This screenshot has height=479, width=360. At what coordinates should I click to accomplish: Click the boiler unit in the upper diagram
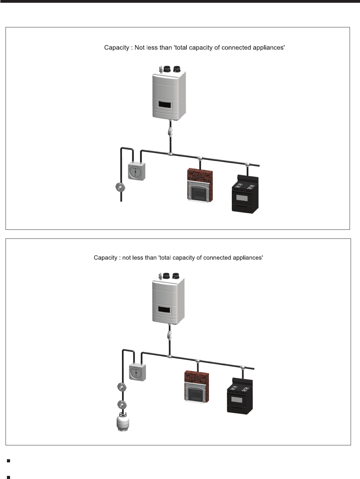tap(169, 94)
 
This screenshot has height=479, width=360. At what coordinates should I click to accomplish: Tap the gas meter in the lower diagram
tap(137, 373)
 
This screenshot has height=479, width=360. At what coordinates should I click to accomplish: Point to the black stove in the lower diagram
tap(240, 395)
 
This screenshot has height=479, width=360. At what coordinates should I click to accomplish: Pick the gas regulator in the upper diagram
tap(120, 188)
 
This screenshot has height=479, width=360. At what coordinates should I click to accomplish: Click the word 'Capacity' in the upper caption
tap(116, 47)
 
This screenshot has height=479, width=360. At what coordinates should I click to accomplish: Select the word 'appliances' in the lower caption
tap(248, 258)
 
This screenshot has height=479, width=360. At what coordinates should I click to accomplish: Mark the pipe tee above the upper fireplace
tap(200, 158)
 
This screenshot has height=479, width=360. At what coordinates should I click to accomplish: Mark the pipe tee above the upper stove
tap(247, 164)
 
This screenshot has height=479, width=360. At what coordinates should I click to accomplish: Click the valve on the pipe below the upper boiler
tap(170, 132)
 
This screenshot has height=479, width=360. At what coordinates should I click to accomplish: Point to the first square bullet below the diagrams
tap(8, 461)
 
